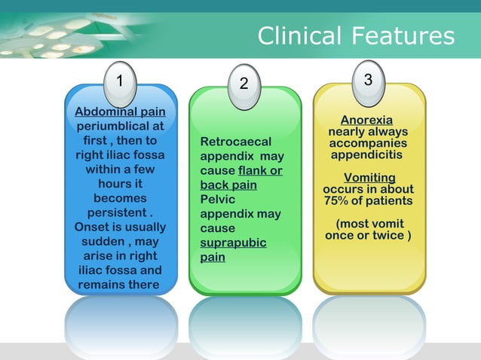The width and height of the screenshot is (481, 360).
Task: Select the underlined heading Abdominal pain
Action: point(121,112)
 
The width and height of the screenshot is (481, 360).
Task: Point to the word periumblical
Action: point(121,127)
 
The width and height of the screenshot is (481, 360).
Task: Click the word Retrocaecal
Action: point(235,142)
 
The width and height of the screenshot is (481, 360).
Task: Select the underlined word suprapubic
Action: point(232,243)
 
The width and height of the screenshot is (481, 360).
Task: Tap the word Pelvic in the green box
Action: point(218,200)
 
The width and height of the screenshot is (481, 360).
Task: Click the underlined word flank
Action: point(254,170)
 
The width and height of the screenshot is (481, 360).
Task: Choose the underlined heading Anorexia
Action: point(366,121)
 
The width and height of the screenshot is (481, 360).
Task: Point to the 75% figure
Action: point(337,201)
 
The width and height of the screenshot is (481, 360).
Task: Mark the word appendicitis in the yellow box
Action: point(366,154)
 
